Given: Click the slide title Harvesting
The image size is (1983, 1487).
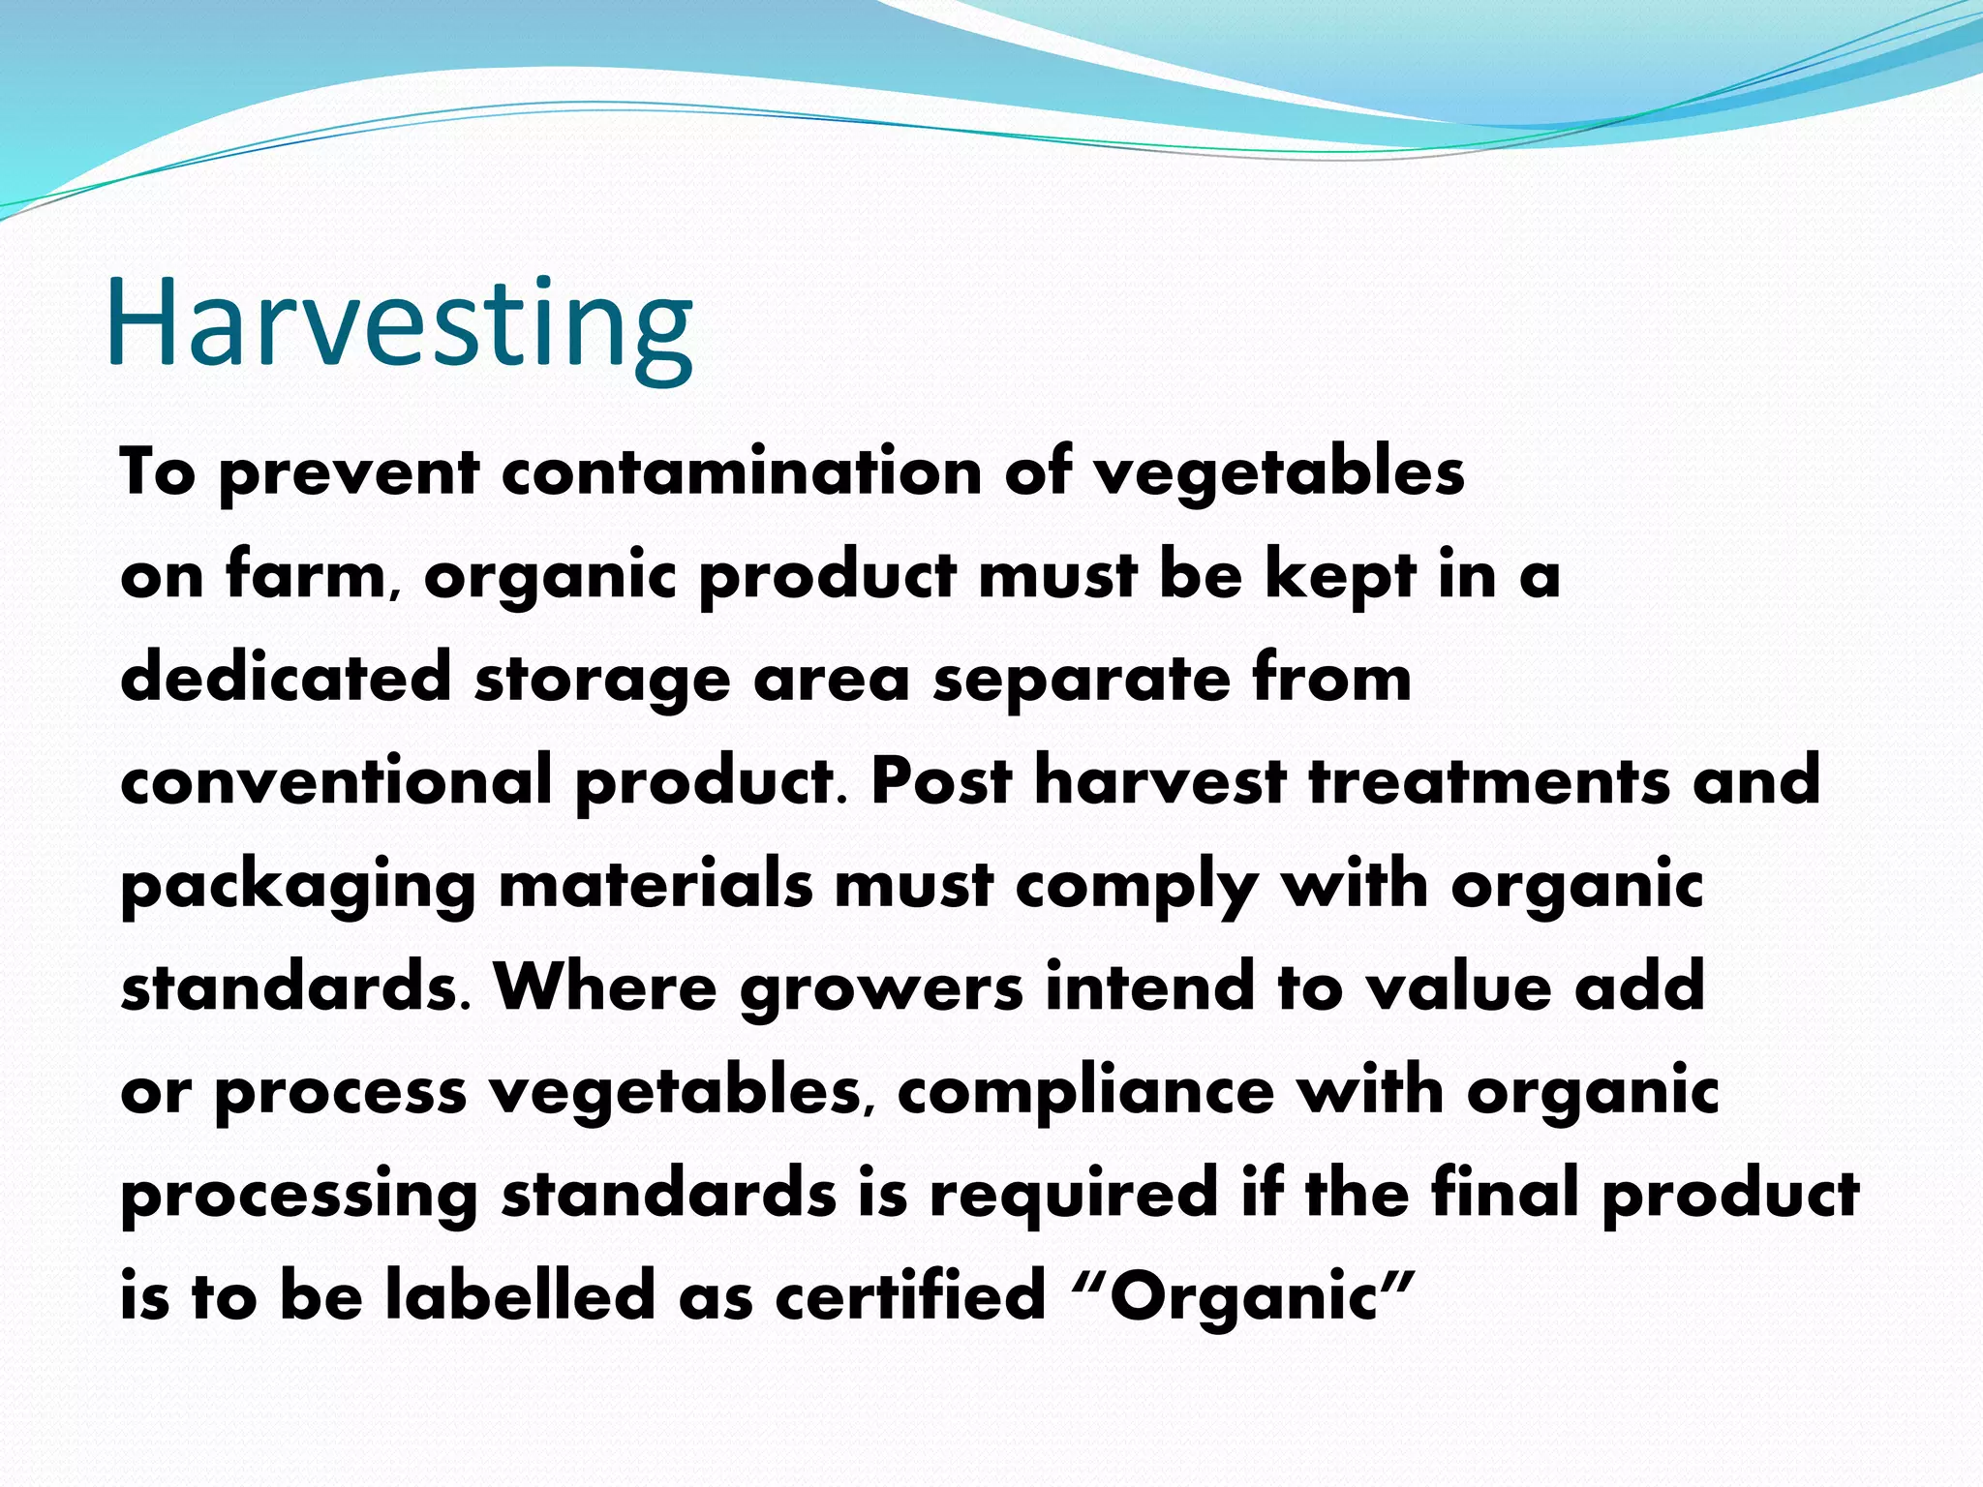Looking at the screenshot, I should (399, 324).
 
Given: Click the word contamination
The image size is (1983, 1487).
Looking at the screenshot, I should (742, 472).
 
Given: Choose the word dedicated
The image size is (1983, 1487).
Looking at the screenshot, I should (286, 678).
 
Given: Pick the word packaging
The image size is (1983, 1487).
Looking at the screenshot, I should (298, 887).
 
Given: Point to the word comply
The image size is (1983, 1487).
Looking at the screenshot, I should (1137, 887).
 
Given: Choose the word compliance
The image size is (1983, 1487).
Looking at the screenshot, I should (1085, 1092).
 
